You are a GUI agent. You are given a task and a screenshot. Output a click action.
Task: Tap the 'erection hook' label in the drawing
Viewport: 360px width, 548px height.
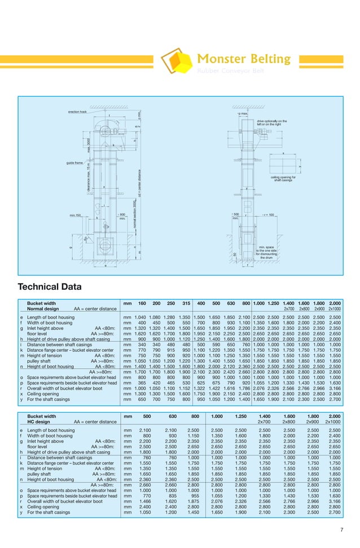click(77, 112)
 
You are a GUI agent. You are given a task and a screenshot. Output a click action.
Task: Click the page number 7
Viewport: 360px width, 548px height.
click(341, 529)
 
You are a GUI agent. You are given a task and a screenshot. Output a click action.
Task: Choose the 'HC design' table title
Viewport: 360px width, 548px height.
click(38, 422)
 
